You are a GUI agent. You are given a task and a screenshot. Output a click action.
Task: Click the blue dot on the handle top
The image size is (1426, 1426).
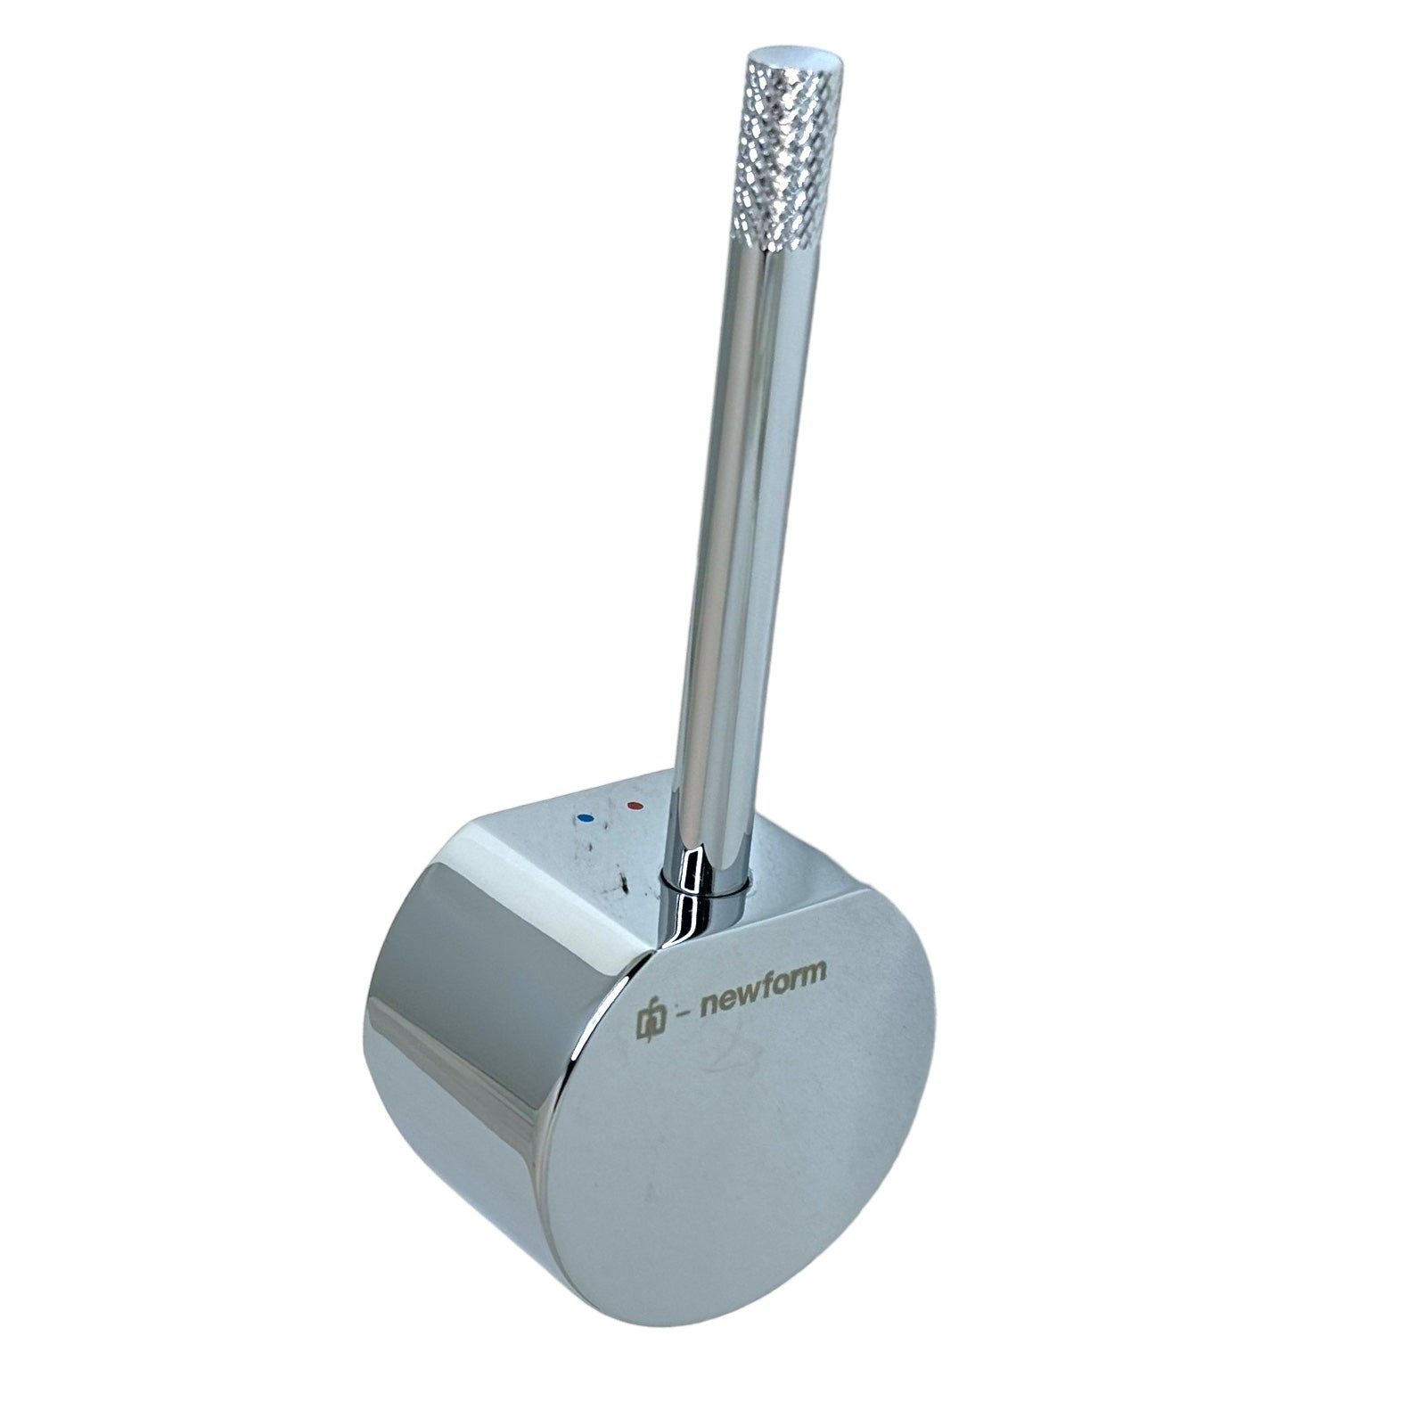pyautogui.click(x=585, y=816)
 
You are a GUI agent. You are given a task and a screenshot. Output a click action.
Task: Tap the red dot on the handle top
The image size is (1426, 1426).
pyautogui.click(x=635, y=807)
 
